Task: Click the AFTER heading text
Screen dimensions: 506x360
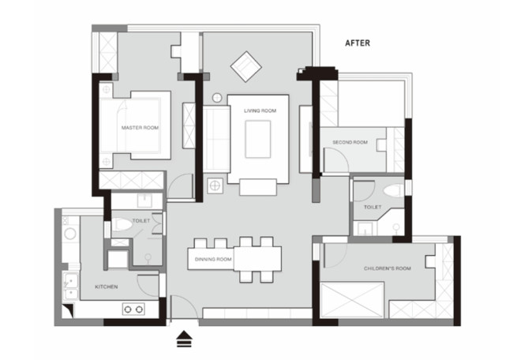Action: (x=358, y=43)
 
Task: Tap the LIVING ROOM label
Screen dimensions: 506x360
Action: (x=260, y=111)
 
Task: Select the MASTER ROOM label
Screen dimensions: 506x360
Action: (x=140, y=128)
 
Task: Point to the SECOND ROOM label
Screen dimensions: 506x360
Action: (x=350, y=142)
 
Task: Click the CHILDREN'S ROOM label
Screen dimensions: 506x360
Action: (x=388, y=268)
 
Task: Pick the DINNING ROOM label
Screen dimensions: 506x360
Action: (x=213, y=259)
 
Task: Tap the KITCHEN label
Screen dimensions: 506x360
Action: (x=106, y=287)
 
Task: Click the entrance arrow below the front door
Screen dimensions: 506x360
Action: (x=185, y=339)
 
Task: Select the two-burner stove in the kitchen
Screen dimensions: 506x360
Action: (x=133, y=309)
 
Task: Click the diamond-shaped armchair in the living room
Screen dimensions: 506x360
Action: (x=246, y=67)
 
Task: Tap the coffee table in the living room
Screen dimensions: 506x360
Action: (x=258, y=139)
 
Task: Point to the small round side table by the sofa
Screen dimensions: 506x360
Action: (x=217, y=98)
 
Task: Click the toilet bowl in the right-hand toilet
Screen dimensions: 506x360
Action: (x=393, y=191)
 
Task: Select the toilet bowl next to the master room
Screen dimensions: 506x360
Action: (x=122, y=224)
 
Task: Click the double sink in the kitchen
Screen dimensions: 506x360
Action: (x=71, y=287)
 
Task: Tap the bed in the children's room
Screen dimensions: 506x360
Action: (x=352, y=300)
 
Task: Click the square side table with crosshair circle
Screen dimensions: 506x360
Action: (x=216, y=186)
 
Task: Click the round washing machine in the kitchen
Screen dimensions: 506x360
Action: (x=70, y=234)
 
